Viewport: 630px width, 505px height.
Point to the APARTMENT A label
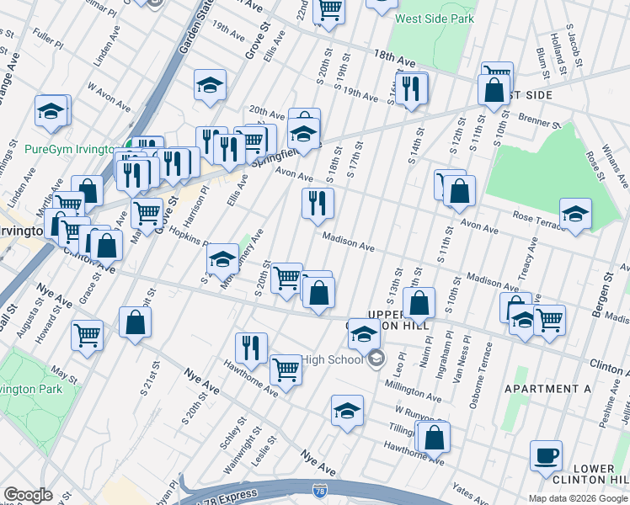[x=547, y=389]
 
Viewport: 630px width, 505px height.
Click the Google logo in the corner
[x=28, y=495]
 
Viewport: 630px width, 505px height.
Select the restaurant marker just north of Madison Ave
[x=318, y=204]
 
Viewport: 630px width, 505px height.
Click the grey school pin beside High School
[x=376, y=359]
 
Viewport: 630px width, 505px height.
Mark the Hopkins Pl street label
[x=188, y=237]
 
